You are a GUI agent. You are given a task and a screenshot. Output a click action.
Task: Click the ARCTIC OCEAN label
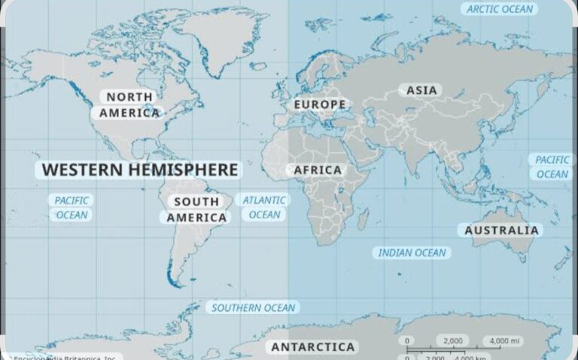(500, 9)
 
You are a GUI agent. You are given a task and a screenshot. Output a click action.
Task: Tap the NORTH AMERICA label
(129, 105)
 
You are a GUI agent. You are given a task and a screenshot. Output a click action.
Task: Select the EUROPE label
(320, 104)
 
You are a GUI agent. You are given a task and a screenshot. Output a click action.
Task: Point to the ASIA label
(421, 90)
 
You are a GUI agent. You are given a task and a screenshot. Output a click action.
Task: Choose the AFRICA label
(318, 170)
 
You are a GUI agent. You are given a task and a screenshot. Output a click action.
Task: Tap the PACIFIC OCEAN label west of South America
(72, 208)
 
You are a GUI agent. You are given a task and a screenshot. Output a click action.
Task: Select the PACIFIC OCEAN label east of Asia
(552, 167)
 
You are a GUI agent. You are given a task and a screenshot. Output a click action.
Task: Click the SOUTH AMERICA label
(196, 209)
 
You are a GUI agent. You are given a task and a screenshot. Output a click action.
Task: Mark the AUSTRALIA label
(502, 230)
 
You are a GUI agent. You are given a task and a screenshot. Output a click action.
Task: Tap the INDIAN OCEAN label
(412, 253)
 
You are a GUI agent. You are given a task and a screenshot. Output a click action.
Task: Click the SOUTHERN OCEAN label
(253, 307)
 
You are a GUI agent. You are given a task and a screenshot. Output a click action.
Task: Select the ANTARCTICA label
(312, 347)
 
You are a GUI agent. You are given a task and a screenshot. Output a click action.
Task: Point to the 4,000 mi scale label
(505, 341)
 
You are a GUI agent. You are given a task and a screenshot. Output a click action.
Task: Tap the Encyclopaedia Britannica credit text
(64, 357)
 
